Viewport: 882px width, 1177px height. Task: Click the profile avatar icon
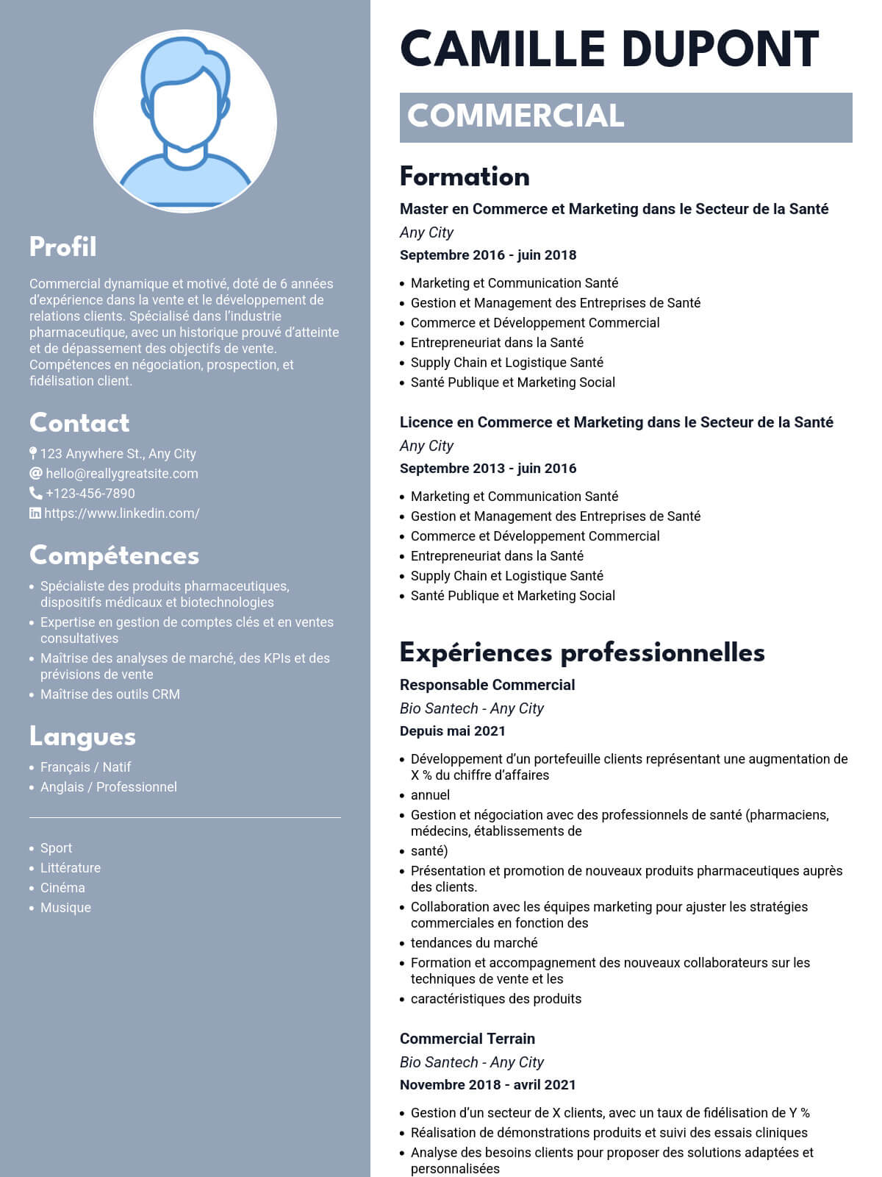click(x=185, y=121)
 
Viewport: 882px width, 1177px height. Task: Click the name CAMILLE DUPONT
click(x=609, y=50)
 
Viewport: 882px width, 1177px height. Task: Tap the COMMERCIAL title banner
click(x=625, y=117)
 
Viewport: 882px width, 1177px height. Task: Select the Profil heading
click(x=63, y=247)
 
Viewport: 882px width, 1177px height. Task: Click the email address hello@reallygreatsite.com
click(x=122, y=474)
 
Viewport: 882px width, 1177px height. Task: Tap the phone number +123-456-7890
click(x=90, y=494)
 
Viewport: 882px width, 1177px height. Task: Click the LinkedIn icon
click(x=35, y=513)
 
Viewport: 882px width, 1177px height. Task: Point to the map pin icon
click(x=33, y=453)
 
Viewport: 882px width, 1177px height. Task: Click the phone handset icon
click(x=35, y=493)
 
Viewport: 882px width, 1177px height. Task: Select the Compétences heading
click(x=114, y=555)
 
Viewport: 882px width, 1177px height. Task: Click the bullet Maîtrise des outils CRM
click(x=110, y=694)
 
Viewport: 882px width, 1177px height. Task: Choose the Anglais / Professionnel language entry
click(x=109, y=787)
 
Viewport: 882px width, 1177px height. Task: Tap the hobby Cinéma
click(x=62, y=888)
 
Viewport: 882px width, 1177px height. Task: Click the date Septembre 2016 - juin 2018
click(x=488, y=255)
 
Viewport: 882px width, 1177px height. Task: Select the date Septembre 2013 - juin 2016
click(x=488, y=469)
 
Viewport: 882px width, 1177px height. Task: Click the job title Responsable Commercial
click(x=487, y=685)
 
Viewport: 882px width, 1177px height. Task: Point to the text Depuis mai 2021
click(x=453, y=731)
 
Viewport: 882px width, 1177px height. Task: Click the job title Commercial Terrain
click(x=467, y=1039)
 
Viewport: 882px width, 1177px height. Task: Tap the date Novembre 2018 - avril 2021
click(x=488, y=1085)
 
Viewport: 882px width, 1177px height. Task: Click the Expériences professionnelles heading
click(x=582, y=652)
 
